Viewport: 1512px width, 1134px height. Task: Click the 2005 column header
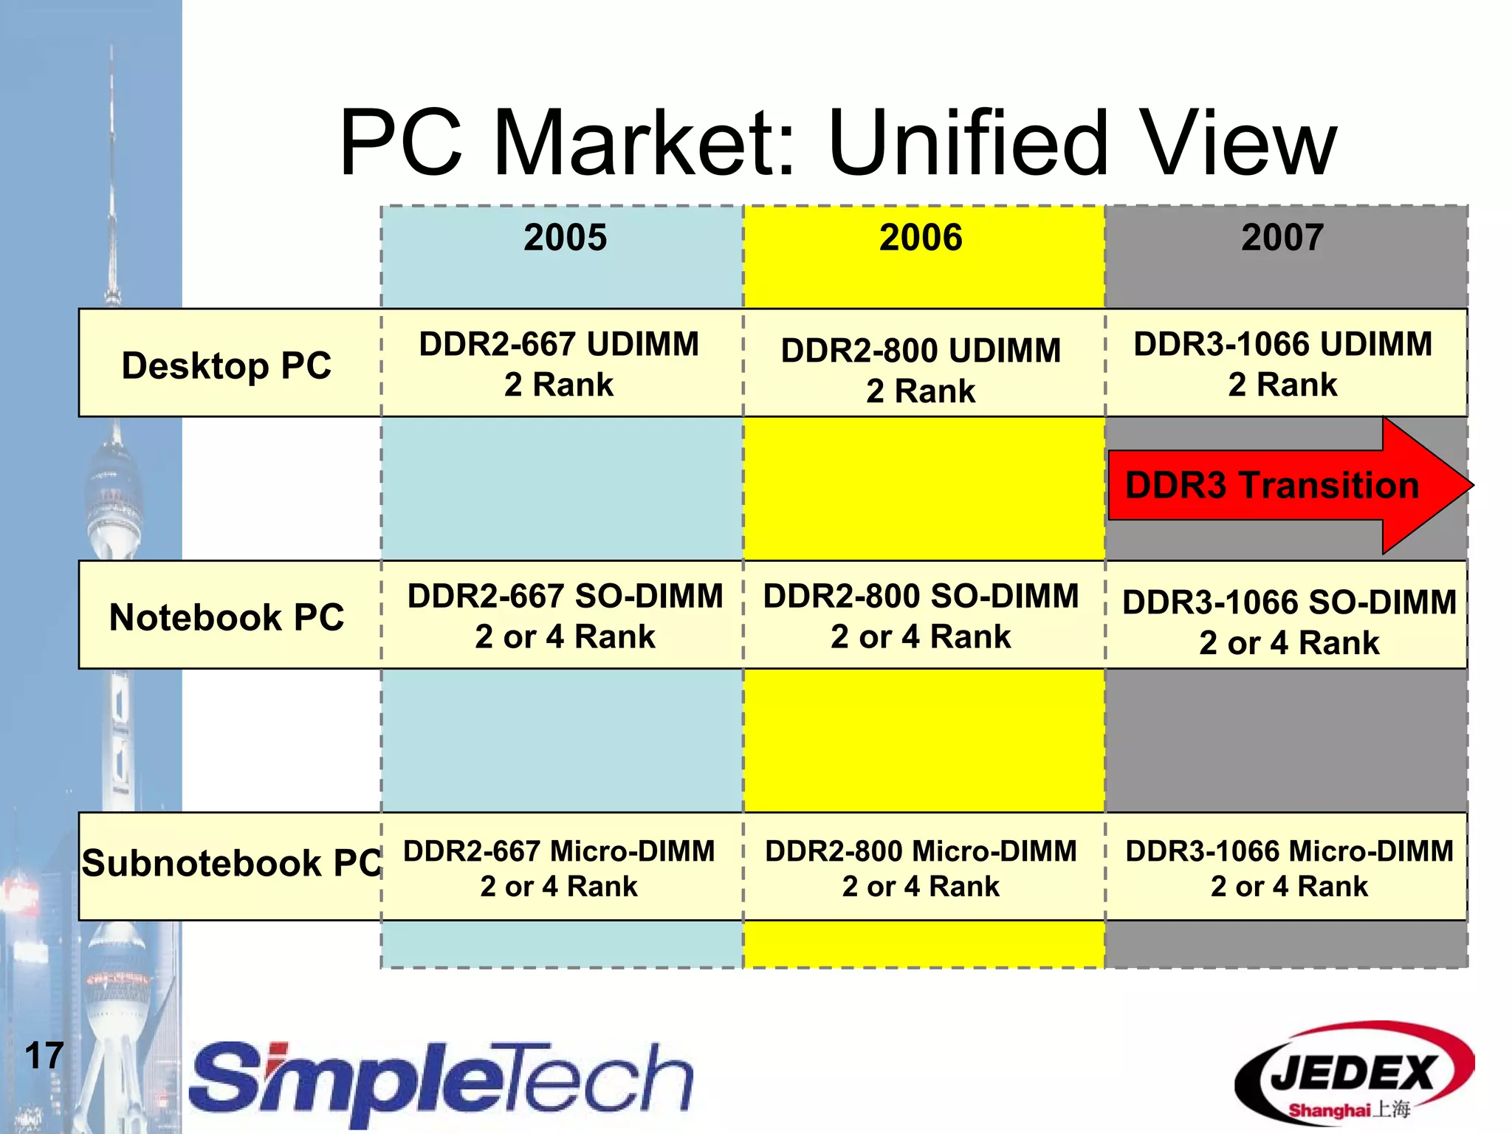[565, 238]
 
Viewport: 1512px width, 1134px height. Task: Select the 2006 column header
[921, 238]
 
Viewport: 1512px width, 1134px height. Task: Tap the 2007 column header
[1282, 238]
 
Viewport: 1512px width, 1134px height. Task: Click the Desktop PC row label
[227, 365]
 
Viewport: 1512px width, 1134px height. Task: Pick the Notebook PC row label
[227, 617]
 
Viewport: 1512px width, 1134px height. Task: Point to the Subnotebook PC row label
[230, 863]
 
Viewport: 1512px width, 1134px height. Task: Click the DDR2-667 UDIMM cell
[559, 364]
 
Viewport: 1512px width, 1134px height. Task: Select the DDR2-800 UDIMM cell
[921, 369]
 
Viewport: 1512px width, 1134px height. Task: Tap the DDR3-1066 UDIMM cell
[1282, 364]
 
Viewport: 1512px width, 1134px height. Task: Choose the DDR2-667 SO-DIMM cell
[565, 616]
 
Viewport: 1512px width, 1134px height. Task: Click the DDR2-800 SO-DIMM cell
[921, 616]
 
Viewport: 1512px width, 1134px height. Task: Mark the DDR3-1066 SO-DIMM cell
[1288, 622]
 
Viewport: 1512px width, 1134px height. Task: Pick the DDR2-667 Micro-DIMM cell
[559, 867]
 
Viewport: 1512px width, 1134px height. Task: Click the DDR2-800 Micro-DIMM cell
[921, 867]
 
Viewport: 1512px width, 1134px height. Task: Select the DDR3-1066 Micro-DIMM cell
[1288, 867]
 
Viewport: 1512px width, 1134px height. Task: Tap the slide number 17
[44, 1055]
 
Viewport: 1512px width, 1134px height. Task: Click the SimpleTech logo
[441, 1082]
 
